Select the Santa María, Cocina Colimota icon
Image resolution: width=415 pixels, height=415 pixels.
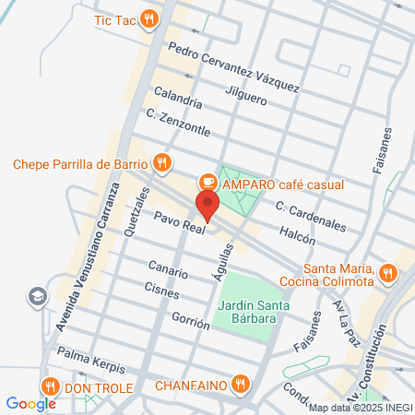(388, 273)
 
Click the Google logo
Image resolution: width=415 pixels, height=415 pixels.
(31, 403)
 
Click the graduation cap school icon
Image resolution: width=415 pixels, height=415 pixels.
(38, 297)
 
